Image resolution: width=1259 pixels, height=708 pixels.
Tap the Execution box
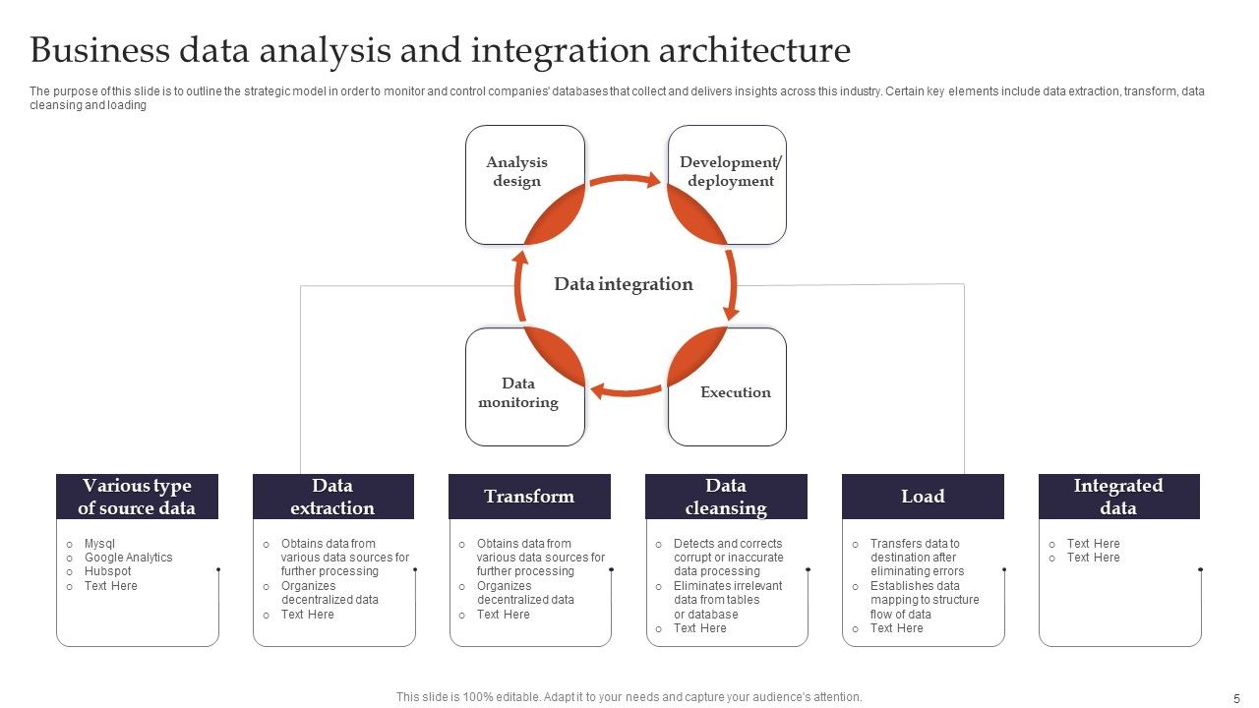[734, 392]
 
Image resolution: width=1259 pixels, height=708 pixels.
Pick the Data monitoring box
[518, 392]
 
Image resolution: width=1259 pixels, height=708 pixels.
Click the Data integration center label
[624, 284]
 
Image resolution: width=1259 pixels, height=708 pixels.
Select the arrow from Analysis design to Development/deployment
[625, 180]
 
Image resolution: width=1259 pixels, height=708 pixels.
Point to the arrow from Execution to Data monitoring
[626, 390]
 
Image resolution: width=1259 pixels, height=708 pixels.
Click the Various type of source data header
[137, 497]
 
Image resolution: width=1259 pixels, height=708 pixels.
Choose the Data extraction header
[332, 497]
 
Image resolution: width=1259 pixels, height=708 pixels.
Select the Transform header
[529, 497]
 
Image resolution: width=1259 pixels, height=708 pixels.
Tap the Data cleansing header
[726, 497]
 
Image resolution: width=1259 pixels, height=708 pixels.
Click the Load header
[923, 497]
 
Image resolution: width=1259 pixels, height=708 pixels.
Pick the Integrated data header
[1118, 497]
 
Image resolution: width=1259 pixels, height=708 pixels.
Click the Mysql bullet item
[100, 544]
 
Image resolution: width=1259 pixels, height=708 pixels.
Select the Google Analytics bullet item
[128, 558]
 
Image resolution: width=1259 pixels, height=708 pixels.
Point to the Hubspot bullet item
[107, 571]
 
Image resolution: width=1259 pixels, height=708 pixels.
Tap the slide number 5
[1236, 698]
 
